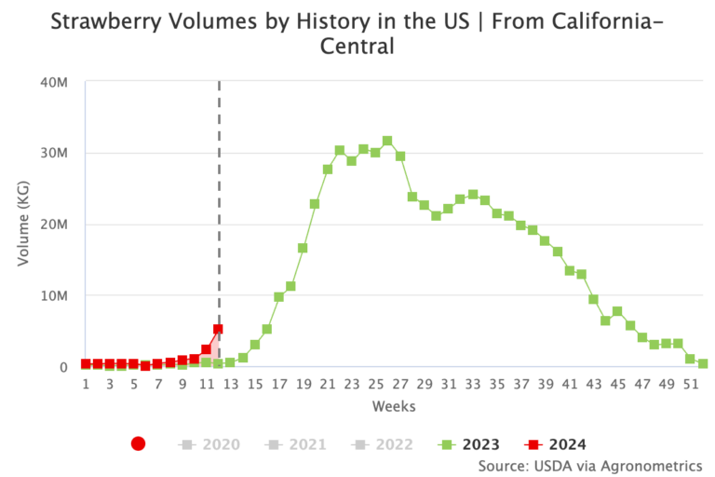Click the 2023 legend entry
(x=470, y=444)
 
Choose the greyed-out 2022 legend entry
(x=385, y=444)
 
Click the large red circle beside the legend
(x=139, y=444)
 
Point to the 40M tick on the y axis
(x=54, y=82)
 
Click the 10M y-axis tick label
(x=54, y=295)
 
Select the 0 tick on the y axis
(x=63, y=367)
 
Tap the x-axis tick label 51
(x=691, y=384)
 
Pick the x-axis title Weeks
(x=394, y=406)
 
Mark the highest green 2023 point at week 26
(x=387, y=141)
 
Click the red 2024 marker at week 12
(x=218, y=329)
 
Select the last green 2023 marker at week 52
(x=703, y=364)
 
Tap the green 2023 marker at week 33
(x=472, y=195)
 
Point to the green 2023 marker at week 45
(x=617, y=311)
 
